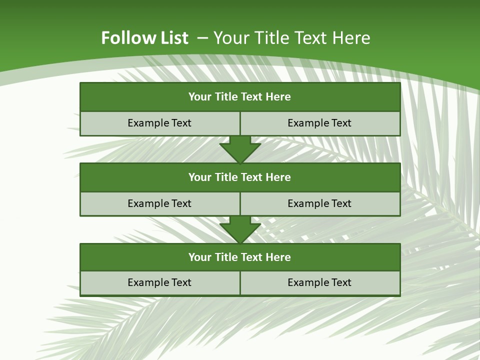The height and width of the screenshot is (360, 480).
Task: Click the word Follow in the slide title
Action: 125,38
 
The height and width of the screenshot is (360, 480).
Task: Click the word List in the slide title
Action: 171,38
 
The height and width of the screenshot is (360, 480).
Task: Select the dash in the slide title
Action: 202,38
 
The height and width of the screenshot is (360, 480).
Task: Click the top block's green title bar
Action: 240,97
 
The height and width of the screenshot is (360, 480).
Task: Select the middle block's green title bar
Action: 240,177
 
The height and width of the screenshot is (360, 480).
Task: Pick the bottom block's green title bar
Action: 240,257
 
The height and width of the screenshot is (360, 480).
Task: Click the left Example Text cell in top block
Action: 159,123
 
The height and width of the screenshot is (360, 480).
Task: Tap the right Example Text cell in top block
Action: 320,123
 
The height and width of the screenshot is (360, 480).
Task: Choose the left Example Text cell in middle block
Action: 159,204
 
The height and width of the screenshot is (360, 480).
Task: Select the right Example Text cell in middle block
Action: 320,204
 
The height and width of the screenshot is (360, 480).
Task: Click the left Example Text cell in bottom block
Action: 159,283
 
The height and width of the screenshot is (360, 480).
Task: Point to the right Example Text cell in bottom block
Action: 320,283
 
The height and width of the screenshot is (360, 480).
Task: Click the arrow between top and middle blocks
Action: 240,149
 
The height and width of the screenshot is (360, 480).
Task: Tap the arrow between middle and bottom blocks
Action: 240,230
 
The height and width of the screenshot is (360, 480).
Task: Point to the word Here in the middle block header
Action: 278,177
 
